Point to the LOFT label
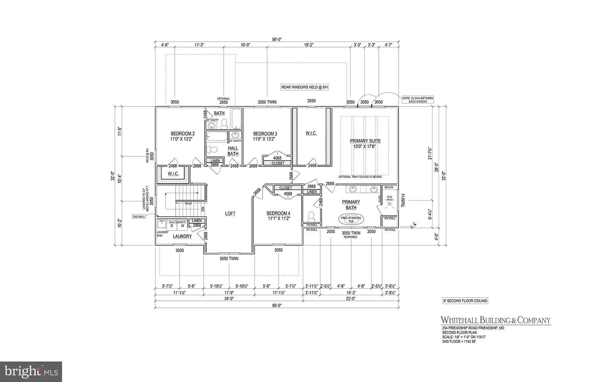[230, 214]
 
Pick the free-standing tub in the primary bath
[351, 219]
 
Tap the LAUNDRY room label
[182, 236]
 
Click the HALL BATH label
[233, 151]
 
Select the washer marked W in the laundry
[183, 226]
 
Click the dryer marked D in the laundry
[172, 226]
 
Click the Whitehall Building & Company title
[496, 320]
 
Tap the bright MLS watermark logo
[31, 372]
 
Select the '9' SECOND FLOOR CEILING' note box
[465, 301]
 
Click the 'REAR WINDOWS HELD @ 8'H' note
[304, 87]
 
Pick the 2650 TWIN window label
[229, 259]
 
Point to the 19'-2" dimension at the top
[309, 45]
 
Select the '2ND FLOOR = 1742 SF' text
[459, 342]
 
